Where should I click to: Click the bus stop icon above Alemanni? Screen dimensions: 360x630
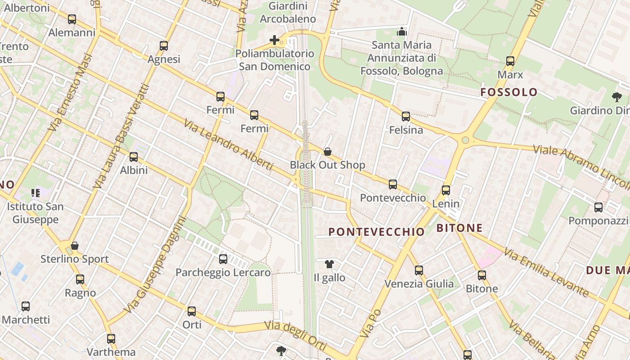(x=72, y=19)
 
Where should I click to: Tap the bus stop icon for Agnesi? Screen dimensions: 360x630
(x=164, y=46)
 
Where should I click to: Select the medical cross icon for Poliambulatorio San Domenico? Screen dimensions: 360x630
(x=274, y=40)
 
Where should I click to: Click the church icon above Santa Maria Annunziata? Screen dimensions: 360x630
(x=401, y=31)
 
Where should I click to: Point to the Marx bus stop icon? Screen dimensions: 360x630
(x=510, y=61)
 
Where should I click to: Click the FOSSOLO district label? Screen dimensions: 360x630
(x=509, y=92)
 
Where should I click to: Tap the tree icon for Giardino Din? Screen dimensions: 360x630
(x=616, y=97)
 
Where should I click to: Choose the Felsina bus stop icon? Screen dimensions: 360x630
(x=406, y=117)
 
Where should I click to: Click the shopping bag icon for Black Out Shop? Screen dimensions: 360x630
(x=328, y=152)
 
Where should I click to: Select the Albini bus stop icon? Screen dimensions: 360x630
(x=134, y=157)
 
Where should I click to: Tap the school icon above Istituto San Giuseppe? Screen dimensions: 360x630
(x=36, y=193)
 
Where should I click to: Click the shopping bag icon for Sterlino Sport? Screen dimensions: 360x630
(x=75, y=246)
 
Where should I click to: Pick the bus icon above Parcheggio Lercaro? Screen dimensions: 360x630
(x=223, y=259)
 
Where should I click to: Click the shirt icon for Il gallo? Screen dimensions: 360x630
(x=329, y=264)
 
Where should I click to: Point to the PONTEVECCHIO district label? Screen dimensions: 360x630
(x=377, y=232)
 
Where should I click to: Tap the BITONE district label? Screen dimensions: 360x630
(x=459, y=228)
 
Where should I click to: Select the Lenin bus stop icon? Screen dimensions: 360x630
(x=446, y=190)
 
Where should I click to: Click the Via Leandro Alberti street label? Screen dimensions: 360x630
(x=228, y=144)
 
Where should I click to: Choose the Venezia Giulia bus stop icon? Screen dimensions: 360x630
(x=419, y=270)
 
